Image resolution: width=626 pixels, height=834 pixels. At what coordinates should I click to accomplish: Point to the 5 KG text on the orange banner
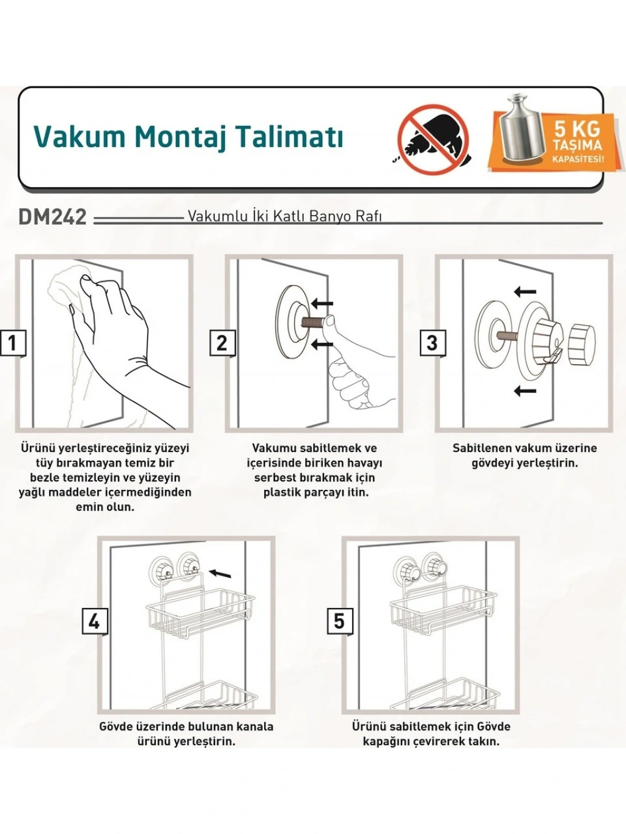577,129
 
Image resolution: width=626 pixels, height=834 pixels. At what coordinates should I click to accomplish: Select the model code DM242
53,218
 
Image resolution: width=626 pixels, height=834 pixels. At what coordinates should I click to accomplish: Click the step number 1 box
13,343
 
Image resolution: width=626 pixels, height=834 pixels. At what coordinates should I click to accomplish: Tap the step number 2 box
223,343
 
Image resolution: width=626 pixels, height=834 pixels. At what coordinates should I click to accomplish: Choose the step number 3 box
432,343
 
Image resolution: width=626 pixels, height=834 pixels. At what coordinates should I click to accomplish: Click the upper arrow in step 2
322,304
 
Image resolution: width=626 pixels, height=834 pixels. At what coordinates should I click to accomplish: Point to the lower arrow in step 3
525,390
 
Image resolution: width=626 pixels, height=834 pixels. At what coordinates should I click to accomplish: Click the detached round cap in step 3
581,344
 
